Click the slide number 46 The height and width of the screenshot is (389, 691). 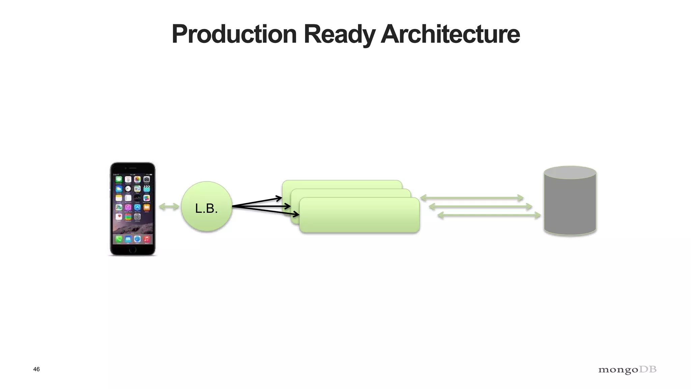[x=36, y=369]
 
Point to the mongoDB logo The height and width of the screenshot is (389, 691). [x=627, y=370]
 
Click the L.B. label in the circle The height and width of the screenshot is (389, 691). [x=206, y=209]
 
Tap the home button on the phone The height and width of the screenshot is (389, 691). [x=133, y=250]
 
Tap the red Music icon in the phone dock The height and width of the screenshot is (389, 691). [x=146, y=239]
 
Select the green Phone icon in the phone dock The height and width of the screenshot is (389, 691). [x=119, y=239]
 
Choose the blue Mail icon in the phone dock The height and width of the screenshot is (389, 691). [x=128, y=239]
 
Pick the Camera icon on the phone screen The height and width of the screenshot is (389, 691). [x=146, y=179]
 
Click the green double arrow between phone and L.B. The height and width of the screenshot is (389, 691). [x=169, y=207]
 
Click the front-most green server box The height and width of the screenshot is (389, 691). [x=359, y=216]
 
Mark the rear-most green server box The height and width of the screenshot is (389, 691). [x=341, y=184]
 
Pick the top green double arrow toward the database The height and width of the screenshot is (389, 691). [x=471, y=198]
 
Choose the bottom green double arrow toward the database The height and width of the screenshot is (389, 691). [x=489, y=215]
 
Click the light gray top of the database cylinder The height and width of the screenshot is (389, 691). [x=570, y=172]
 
